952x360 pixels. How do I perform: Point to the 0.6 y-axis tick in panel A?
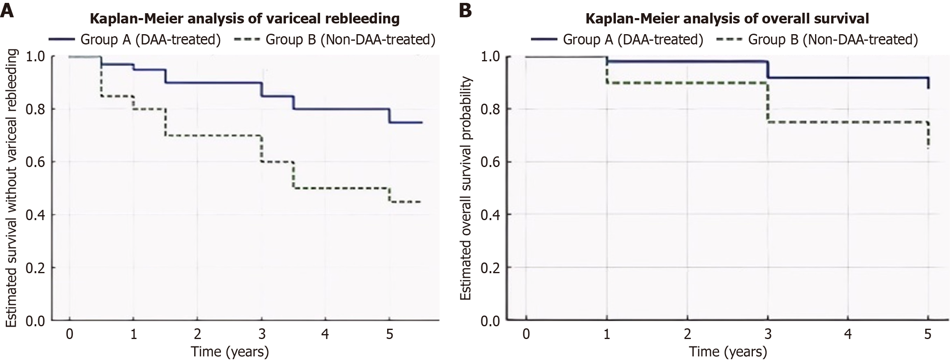[x=35, y=162]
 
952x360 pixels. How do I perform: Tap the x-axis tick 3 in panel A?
[x=261, y=334]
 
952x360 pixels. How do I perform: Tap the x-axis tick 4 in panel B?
[x=848, y=334]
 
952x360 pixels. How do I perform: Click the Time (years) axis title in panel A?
[x=229, y=351]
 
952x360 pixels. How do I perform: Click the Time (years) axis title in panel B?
[x=728, y=351]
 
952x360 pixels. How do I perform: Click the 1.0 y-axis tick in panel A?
[x=35, y=56]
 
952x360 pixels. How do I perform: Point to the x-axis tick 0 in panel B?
[x=526, y=334]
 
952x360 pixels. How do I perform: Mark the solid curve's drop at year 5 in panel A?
[x=389, y=116]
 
